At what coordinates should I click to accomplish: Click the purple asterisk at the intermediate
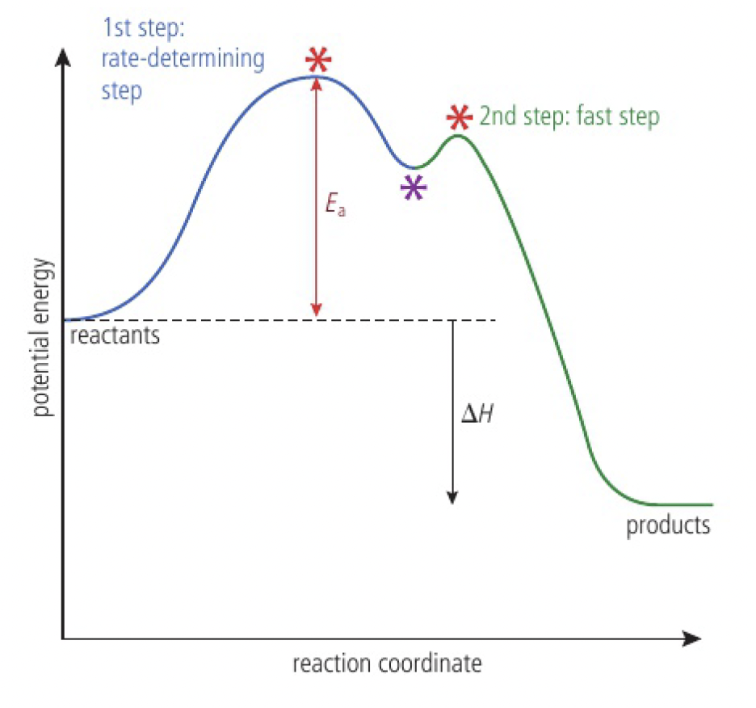(414, 188)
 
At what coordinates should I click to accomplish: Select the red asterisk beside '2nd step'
(459, 117)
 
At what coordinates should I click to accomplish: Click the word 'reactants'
(115, 334)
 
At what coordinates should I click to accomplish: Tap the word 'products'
(668, 525)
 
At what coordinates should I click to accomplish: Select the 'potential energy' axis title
(43, 338)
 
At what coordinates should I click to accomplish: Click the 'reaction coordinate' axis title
(387, 664)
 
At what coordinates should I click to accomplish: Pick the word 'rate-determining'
(183, 59)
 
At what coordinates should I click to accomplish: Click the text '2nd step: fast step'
(569, 116)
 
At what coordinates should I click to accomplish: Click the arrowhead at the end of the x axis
(691, 639)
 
